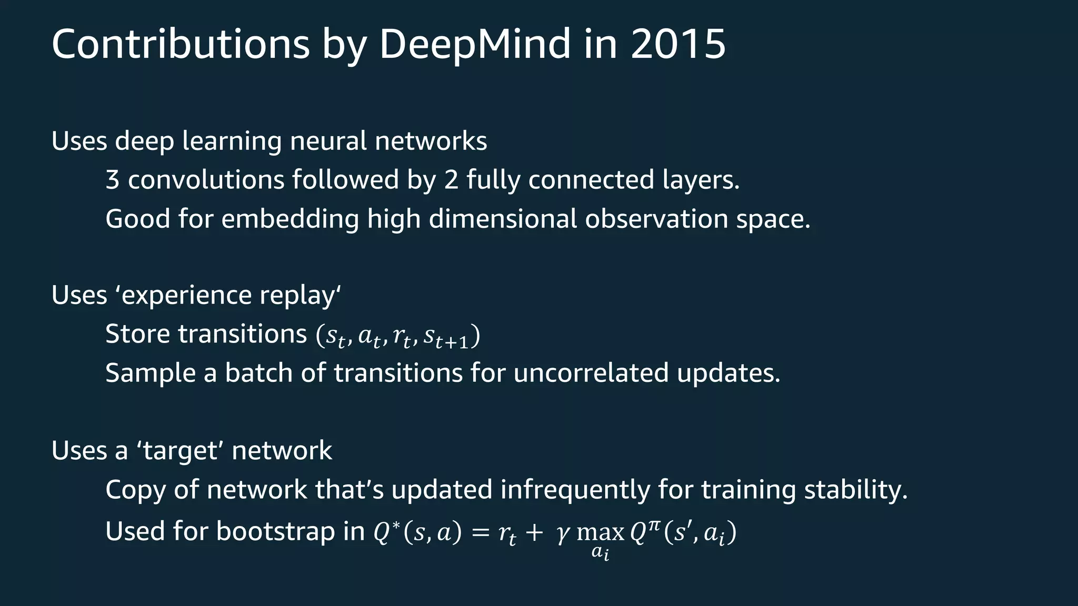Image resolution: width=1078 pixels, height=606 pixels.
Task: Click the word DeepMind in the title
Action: pos(474,44)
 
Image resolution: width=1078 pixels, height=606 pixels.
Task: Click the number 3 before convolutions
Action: pos(112,180)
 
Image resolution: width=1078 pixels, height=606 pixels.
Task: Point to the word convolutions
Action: pos(206,180)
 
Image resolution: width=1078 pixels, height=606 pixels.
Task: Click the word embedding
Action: pos(290,219)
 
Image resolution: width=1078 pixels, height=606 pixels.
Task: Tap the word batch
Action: pos(258,373)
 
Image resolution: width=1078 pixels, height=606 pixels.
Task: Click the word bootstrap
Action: pos(275,531)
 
